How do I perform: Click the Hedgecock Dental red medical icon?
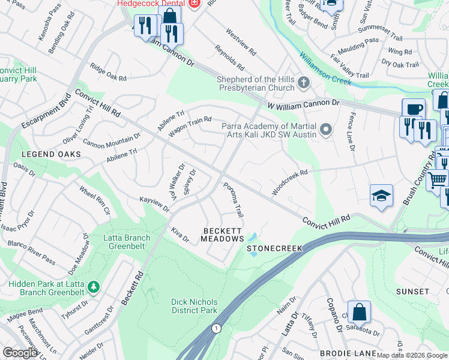tap(193, 4)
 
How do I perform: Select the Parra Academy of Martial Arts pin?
tap(326, 129)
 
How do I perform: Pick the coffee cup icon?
tap(414, 109)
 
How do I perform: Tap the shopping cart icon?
tap(438, 179)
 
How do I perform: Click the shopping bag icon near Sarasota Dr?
tap(359, 312)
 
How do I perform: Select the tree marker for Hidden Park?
tap(93, 287)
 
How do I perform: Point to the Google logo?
tap(20, 353)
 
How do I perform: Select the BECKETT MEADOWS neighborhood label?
tap(222, 235)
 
